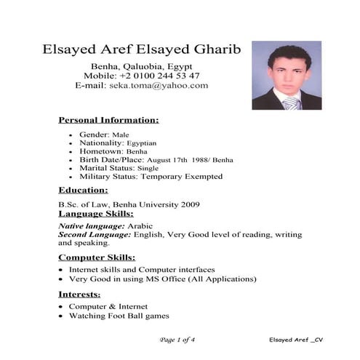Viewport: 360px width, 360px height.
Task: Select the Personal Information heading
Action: pyautogui.click(x=108, y=119)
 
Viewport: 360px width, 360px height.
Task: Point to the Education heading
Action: pyautogui.click(x=84, y=190)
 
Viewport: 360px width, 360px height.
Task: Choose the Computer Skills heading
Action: pyautogui.click(x=97, y=257)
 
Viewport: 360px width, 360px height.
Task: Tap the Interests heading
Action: pyautogui.click(x=81, y=294)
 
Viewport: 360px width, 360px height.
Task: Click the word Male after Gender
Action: pyautogui.click(x=121, y=135)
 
